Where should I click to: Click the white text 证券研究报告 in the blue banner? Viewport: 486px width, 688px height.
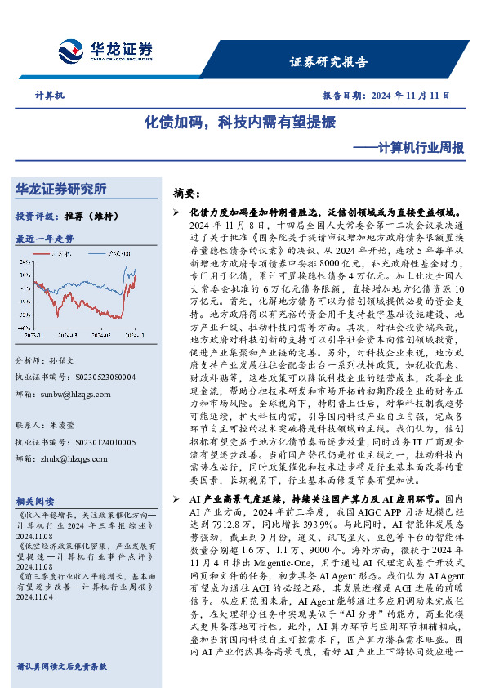tap(328, 62)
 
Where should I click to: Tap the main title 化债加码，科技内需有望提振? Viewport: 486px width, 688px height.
tap(240, 123)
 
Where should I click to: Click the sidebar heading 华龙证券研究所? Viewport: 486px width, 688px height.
tap(61, 190)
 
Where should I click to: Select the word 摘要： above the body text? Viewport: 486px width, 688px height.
tap(187, 194)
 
